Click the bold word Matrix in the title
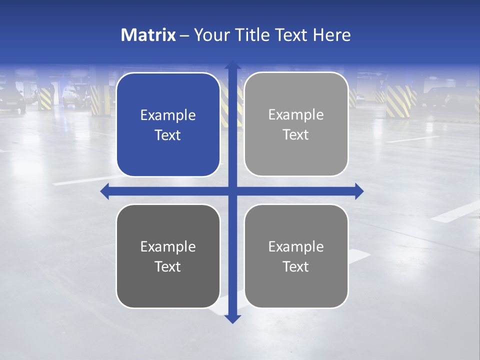click(x=148, y=35)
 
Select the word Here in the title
click(x=331, y=35)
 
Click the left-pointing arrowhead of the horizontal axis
click(x=104, y=191)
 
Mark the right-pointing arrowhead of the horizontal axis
click(x=359, y=191)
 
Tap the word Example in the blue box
click(x=168, y=115)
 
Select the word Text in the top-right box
click(x=296, y=135)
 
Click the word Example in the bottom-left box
click(x=168, y=247)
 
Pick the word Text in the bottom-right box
click(x=296, y=266)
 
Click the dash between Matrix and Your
click(x=184, y=35)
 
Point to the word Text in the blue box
click(x=168, y=135)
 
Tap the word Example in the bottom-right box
click(x=296, y=246)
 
